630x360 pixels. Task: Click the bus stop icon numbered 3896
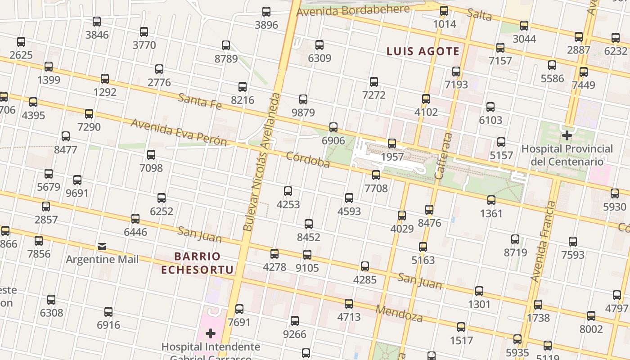(266, 12)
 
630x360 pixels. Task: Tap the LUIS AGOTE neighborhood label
(423, 51)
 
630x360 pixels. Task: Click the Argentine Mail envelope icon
(102, 247)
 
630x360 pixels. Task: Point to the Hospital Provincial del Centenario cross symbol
(567, 135)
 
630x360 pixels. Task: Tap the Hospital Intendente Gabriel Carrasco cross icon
(210, 333)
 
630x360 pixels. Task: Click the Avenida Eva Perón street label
(179, 132)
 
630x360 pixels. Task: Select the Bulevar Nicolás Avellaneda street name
(261, 162)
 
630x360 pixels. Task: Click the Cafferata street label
(443, 156)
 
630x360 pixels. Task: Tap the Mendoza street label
(399, 313)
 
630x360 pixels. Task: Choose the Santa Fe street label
(200, 101)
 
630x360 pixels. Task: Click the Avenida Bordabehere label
(353, 10)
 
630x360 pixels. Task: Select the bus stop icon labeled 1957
(392, 144)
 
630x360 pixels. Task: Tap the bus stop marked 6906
(333, 127)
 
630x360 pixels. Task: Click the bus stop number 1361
(491, 200)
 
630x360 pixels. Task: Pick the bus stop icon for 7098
(151, 155)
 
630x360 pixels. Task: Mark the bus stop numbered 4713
(349, 304)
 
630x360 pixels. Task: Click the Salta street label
(479, 15)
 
